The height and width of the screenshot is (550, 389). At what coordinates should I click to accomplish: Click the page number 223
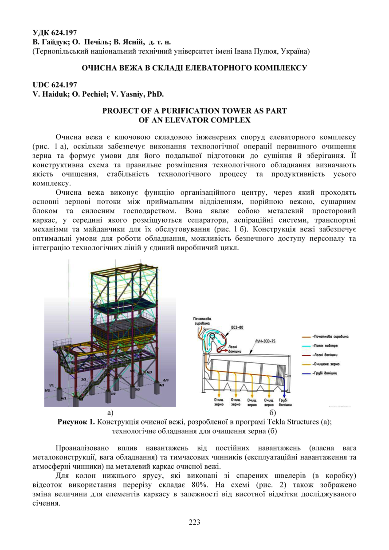tap(194, 522)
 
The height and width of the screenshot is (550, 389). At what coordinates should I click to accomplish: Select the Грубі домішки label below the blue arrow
tap(285, 402)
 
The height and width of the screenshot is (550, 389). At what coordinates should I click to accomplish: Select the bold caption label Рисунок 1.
tap(76, 422)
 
